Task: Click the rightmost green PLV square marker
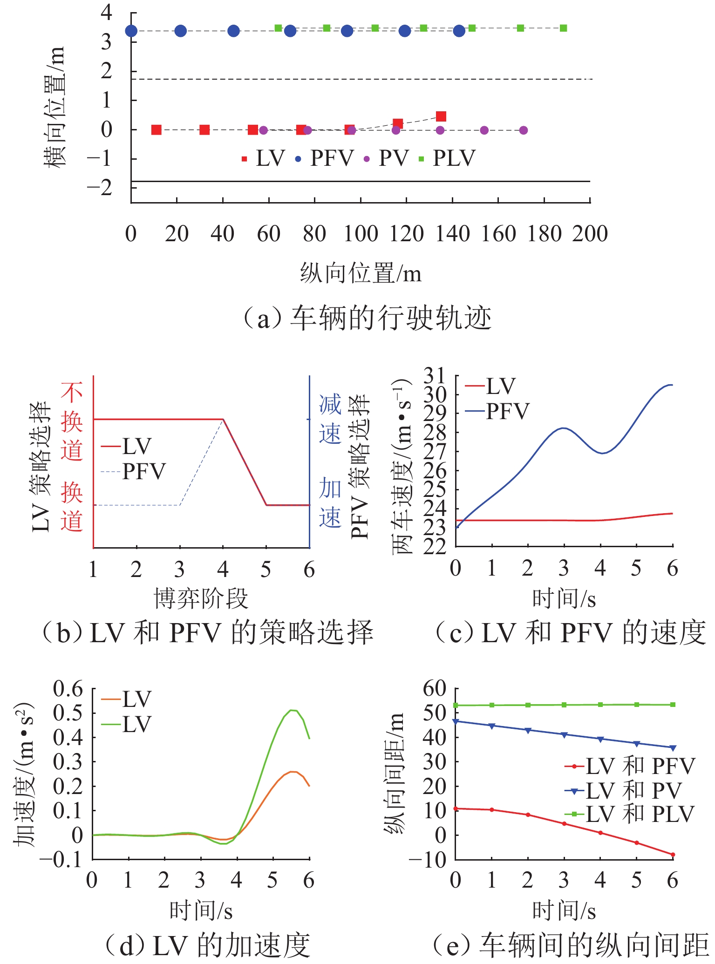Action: (x=563, y=28)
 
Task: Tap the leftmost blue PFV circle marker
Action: (x=131, y=31)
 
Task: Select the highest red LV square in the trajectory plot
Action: (x=441, y=116)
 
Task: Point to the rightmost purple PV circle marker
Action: (x=523, y=130)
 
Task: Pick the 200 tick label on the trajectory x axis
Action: (x=590, y=234)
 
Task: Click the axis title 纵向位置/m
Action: (x=361, y=273)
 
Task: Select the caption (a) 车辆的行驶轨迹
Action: (x=367, y=319)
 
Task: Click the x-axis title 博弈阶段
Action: (x=201, y=598)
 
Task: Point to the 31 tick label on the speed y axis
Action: (x=434, y=375)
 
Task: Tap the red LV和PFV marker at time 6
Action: (x=673, y=855)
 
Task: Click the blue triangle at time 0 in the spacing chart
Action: (x=456, y=721)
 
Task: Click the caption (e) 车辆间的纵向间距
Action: (x=570, y=945)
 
